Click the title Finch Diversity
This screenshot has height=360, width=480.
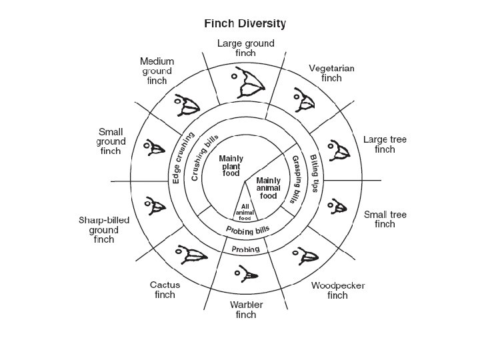pyautogui.click(x=245, y=23)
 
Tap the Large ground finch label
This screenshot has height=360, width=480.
pyautogui.click(x=245, y=48)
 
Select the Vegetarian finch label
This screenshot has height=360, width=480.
pyautogui.click(x=331, y=73)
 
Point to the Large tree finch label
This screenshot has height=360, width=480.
pyautogui.click(x=385, y=144)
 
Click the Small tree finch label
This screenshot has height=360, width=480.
pyautogui.click(x=385, y=219)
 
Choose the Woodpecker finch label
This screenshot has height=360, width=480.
pyautogui.click(x=337, y=290)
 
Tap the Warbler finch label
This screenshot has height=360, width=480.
pyautogui.click(x=246, y=309)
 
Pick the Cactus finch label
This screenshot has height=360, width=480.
pyautogui.click(x=164, y=290)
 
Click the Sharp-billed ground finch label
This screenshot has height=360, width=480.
pyautogui.click(x=103, y=229)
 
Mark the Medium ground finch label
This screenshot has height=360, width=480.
pyautogui.click(x=157, y=71)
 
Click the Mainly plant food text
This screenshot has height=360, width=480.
pyautogui.click(x=231, y=165)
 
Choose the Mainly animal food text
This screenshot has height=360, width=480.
pyautogui.click(x=269, y=188)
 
